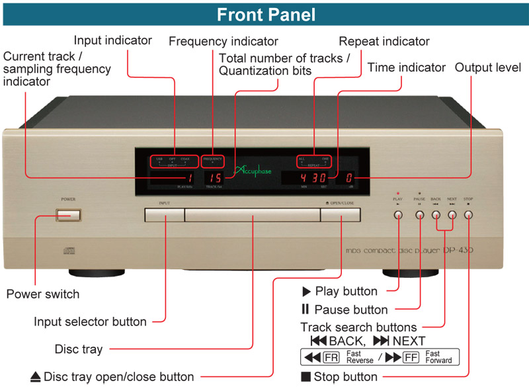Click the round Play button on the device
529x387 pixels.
click(398, 214)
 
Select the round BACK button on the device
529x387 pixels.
click(436, 214)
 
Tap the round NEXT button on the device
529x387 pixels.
click(452, 214)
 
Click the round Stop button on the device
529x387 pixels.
click(469, 214)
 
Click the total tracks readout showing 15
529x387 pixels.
click(213, 178)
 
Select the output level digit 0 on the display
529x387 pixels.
click(348, 178)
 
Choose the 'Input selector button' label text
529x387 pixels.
click(90, 322)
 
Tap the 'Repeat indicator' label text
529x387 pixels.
click(384, 41)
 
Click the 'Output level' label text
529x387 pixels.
click(488, 67)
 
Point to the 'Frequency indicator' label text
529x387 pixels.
click(224, 41)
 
